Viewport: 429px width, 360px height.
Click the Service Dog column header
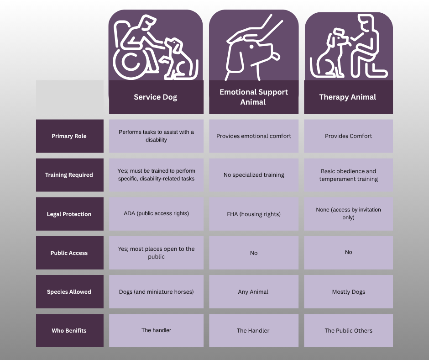156,97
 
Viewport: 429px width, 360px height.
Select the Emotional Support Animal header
254,97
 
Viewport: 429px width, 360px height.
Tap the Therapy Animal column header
348,97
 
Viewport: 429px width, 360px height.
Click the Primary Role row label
69,136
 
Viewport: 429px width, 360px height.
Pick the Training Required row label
69,175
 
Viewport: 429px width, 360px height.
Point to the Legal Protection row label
69,214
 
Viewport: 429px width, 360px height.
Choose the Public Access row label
69,253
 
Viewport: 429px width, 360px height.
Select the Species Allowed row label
69,291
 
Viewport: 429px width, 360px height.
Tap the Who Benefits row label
69,330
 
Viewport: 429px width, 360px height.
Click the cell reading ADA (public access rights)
156,213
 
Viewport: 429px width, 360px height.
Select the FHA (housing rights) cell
254,214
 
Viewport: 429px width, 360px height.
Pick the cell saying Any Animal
253,291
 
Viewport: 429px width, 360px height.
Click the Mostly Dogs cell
348,291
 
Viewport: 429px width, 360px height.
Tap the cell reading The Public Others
348,330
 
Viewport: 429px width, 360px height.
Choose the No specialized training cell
254,175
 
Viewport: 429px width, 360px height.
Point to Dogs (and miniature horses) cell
156,291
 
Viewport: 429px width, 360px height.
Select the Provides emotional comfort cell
254,136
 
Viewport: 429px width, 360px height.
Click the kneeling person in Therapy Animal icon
367,48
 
